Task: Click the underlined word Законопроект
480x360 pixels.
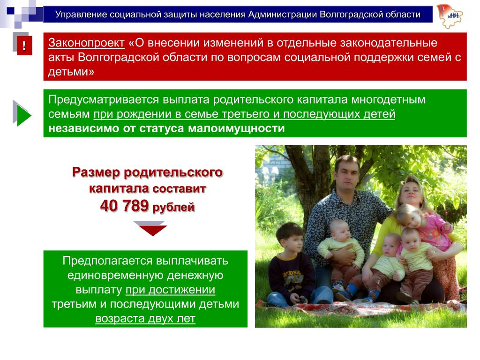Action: [x=86, y=43]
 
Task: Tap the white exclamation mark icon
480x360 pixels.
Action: [x=24, y=46]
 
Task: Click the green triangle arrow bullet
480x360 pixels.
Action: [x=24, y=115]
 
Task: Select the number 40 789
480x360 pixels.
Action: [x=124, y=206]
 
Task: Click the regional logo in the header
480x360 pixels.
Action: [x=450, y=16]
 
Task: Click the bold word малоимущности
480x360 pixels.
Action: [x=236, y=128]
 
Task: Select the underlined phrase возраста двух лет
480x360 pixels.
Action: [x=145, y=318]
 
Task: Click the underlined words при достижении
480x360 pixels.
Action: [x=170, y=290]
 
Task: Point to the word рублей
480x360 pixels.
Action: [x=173, y=207]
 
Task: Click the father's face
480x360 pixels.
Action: [x=347, y=176]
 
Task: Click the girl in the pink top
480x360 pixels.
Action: [x=426, y=224]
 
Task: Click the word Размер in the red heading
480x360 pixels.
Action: [x=97, y=172]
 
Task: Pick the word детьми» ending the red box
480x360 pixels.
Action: [x=71, y=72]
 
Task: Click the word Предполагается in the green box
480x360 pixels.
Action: [x=107, y=261]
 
